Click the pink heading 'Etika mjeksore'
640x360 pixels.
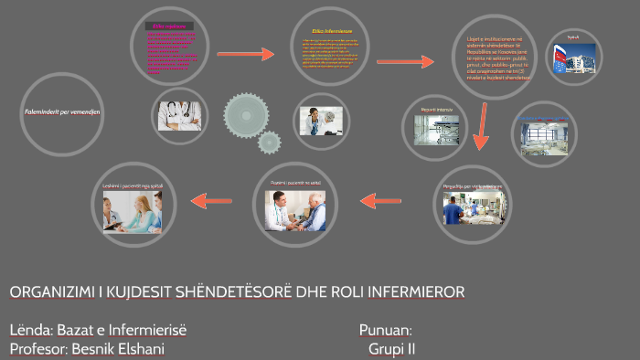[x=169, y=26]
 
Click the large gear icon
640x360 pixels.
[x=247, y=113]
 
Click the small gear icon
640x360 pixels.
[x=269, y=142]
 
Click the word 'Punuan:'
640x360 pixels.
[x=386, y=329]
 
